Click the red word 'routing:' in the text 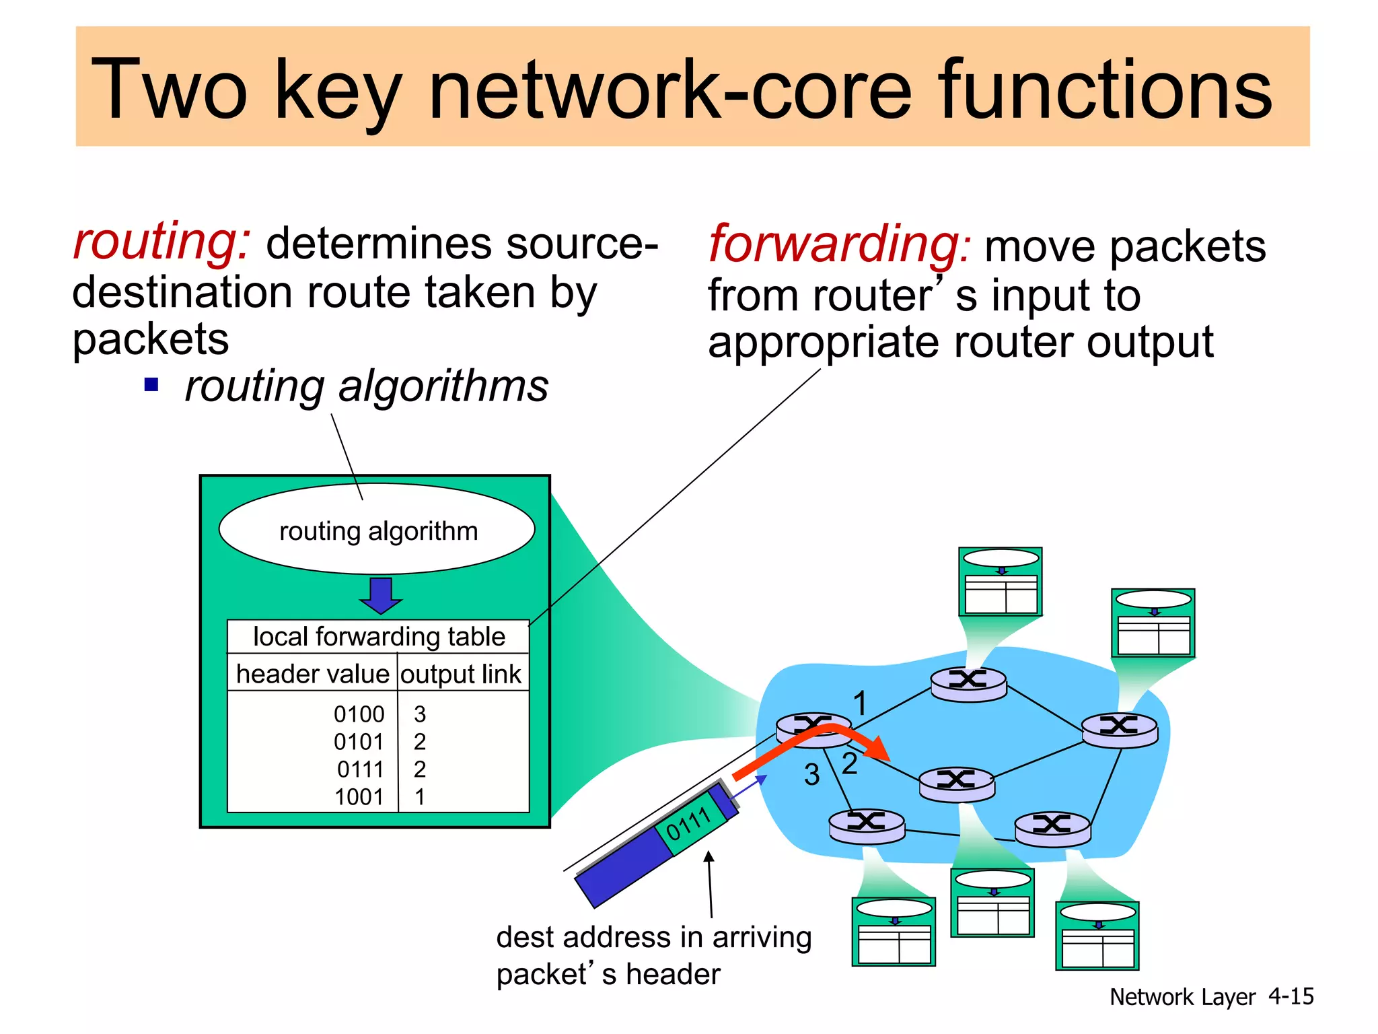(x=161, y=241)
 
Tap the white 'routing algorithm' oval (x=377, y=530)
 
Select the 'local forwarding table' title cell (x=378, y=636)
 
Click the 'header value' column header (x=313, y=673)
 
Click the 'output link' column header (x=461, y=673)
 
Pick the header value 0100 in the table (x=359, y=714)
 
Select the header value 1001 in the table (x=359, y=796)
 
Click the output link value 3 (x=420, y=714)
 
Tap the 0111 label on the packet (x=688, y=823)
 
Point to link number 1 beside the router (x=860, y=703)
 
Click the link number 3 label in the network (x=812, y=774)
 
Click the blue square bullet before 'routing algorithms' (x=151, y=385)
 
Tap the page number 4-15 (x=1291, y=996)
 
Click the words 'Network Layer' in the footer (x=1182, y=997)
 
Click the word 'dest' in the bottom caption (x=526, y=937)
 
